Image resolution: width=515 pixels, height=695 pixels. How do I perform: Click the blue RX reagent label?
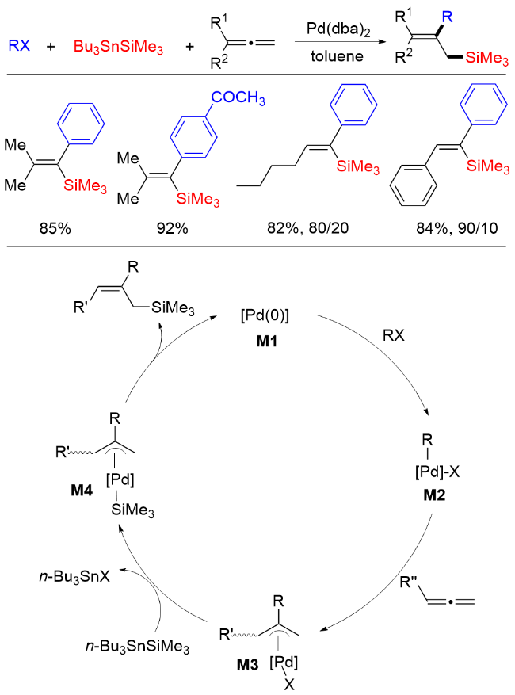pos(19,44)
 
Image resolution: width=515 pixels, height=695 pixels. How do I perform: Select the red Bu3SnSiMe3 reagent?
pos(118,47)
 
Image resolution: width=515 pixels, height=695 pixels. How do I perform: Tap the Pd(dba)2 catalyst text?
pos(338,29)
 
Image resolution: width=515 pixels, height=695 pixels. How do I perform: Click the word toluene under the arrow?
pos(337,56)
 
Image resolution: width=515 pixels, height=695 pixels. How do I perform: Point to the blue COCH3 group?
pos(238,97)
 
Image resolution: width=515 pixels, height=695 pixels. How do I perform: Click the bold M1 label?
pos(266,341)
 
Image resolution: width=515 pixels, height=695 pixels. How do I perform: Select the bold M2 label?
pos(434,495)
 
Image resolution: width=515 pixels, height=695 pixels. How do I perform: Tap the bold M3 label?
pos(247,664)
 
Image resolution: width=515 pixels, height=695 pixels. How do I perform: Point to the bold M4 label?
pos(82,490)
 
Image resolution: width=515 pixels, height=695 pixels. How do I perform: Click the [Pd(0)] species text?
pos(265,315)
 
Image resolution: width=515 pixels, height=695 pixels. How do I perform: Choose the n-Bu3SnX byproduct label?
pos(74,577)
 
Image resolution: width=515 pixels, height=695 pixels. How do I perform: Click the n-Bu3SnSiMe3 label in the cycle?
pos(137,647)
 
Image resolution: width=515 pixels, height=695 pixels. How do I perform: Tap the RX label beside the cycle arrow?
pos(394,335)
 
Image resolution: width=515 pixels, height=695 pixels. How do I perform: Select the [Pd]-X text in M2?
pos(437,472)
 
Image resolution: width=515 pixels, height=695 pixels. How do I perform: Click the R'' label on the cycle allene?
pos(409,582)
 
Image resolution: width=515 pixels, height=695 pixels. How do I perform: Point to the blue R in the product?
pos(447,17)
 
